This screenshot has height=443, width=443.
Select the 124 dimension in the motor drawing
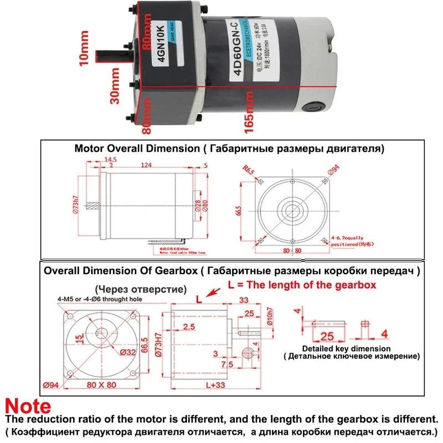click(147, 165)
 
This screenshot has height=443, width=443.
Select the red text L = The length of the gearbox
click(302, 285)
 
